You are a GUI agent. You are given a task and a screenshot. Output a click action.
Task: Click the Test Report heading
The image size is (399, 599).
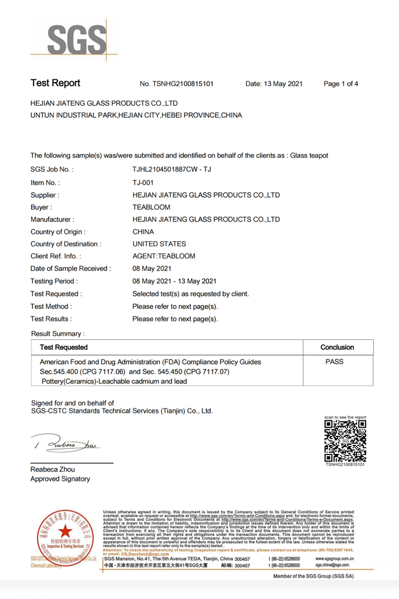coord(55,83)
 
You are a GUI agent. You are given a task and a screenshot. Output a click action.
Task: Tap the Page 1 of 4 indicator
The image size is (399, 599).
coord(341,84)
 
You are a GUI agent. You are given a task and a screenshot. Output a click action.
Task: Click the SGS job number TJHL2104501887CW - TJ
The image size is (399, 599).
coord(172,170)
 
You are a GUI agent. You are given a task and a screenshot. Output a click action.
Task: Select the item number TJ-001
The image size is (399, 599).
coord(143,183)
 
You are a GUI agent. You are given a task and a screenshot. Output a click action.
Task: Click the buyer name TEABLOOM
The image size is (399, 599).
coord(151,207)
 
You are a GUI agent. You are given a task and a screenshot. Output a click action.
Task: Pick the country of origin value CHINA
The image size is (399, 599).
coord(143,232)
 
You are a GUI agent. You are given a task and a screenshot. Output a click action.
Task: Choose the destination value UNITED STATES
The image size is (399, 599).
coord(159,244)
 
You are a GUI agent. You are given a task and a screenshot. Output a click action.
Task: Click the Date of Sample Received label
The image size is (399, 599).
coord(70,269)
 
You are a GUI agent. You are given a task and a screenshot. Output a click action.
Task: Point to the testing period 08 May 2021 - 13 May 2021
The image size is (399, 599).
coord(174,281)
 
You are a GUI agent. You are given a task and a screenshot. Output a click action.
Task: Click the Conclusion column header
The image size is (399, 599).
coord(337,347)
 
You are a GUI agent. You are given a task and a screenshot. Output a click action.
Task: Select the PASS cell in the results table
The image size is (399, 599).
coord(334,362)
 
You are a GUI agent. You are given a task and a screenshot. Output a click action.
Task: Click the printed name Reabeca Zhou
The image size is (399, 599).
coord(52,470)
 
